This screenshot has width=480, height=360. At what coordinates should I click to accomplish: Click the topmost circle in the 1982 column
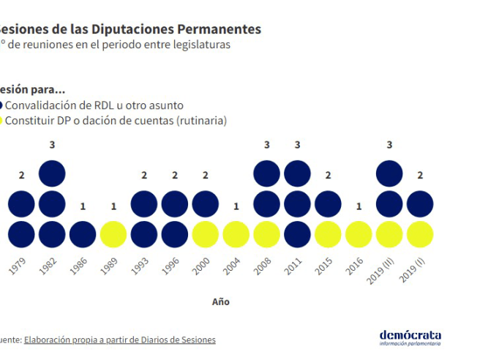52,173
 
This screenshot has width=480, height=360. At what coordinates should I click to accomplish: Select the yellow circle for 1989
113,234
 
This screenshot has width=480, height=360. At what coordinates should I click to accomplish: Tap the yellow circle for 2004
236,234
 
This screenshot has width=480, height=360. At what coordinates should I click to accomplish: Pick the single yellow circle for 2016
359,234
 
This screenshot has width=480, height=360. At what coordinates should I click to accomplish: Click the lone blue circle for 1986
83,234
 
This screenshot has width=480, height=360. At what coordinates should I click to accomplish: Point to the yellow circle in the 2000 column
206,234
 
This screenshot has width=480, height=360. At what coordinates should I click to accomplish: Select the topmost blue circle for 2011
297,173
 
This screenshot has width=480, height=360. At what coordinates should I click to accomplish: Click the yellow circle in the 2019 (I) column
420,234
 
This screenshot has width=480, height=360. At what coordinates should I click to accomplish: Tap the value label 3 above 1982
52,145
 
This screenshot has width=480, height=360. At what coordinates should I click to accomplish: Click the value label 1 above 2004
236,206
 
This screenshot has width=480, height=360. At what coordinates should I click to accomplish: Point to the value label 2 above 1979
21,176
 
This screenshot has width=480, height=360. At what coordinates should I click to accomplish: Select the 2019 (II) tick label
382,271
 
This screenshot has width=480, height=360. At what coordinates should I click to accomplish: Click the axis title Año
220,301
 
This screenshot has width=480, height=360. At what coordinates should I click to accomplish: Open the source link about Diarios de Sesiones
119,340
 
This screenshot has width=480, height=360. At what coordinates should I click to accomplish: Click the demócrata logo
410,337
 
